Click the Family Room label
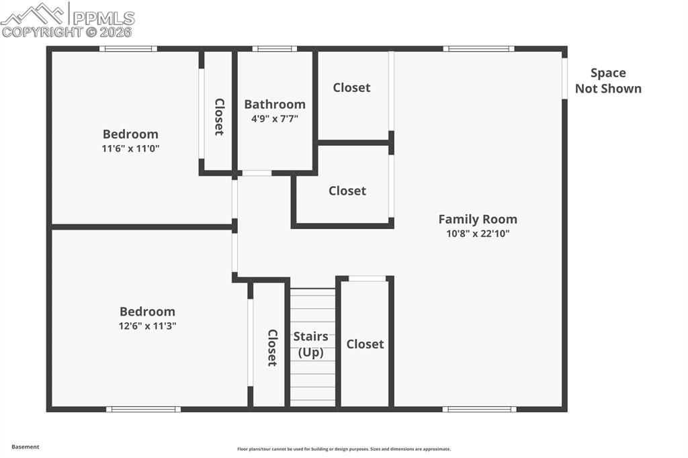tap(478, 219)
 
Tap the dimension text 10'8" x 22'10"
tap(478, 234)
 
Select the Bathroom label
tap(274, 104)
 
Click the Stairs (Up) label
tap(310, 344)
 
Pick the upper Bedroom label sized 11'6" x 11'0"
tap(130, 134)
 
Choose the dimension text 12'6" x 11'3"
tap(148, 326)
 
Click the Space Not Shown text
tap(608, 81)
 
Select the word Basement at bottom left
tap(26, 447)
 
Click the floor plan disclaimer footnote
tap(343, 449)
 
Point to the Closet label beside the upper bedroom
tap(219, 117)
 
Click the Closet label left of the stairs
tap(272, 347)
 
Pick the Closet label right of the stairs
tap(365, 344)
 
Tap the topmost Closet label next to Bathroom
tap(351, 87)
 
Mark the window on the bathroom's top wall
tap(274, 48)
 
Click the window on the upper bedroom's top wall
tap(128, 48)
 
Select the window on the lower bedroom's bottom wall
tap(143, 409)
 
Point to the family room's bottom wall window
tap(479, 409)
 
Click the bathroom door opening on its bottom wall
tap(257, 173)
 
